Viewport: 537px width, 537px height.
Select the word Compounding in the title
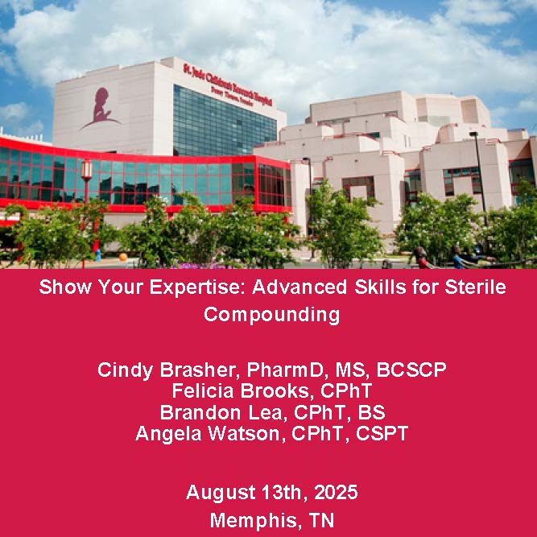point(271,314)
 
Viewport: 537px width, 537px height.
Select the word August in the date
point(216,492)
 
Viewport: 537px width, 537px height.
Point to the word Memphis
point(252,520)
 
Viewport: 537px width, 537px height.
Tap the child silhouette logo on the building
point(97,108)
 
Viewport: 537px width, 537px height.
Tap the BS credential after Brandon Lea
point(373,412)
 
